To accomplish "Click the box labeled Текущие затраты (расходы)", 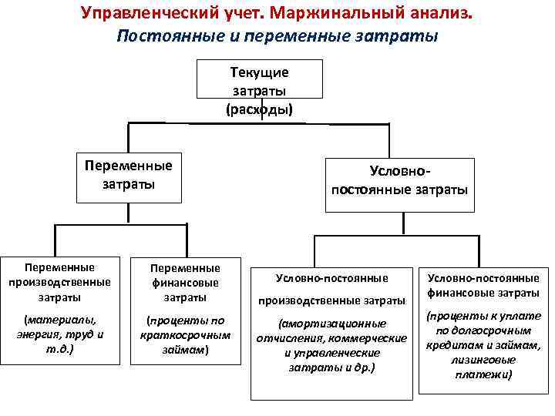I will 259,90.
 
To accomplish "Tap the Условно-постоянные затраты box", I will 399,181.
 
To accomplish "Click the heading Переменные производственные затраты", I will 59,282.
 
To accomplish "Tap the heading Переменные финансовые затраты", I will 185,282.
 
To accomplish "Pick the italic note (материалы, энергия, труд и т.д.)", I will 59,333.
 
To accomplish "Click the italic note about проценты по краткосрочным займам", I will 185,334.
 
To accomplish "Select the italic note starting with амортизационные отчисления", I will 332,346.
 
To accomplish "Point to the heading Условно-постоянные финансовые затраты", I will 483,286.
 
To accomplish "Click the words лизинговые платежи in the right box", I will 483,368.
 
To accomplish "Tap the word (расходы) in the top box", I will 259,109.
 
